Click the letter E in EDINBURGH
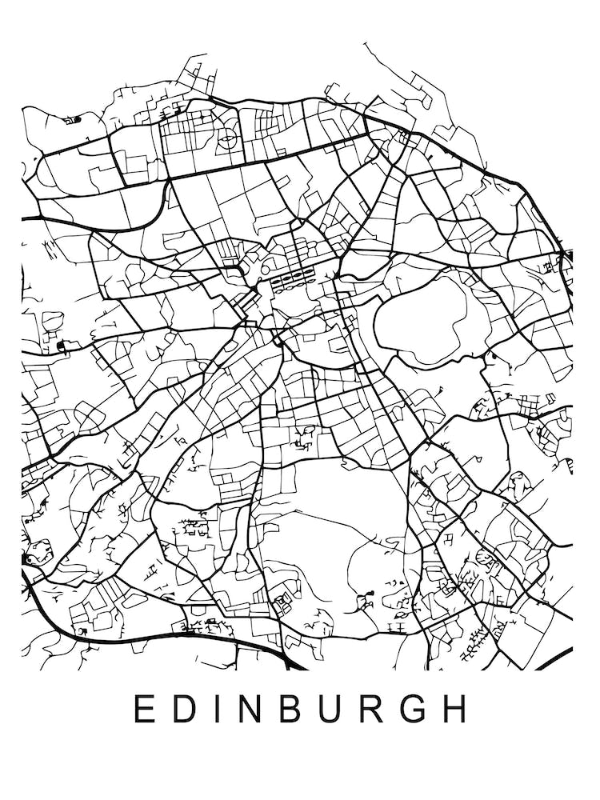coord(142,709)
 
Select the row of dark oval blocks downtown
coord(291,278)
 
